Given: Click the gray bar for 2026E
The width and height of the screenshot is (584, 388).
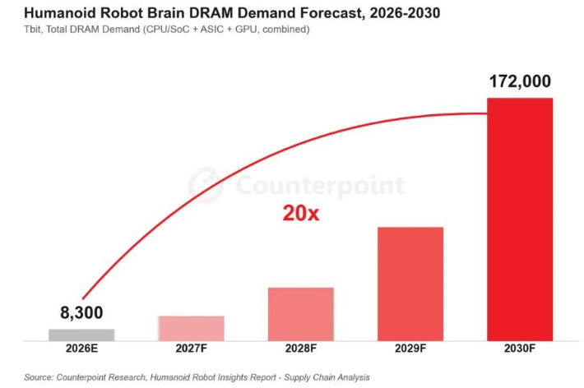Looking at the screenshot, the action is pyautogui.click(x=81, y=335).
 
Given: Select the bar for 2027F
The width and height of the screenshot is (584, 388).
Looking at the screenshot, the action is pyautogui.click(x=191, y=329).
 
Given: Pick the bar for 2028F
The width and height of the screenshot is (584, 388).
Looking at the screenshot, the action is pyautogui.click(x=301, y=314).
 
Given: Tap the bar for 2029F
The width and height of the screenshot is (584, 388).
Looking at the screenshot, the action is pyautogui.click(x=410, y=284).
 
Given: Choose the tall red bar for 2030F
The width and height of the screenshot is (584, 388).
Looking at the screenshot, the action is pyautogui.click(x=520, y=219).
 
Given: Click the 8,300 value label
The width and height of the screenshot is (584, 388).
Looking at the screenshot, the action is pyautogui.click(x=81, y=312).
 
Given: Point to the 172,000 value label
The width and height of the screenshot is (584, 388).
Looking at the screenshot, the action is pyautogui.click(x=520, y=81).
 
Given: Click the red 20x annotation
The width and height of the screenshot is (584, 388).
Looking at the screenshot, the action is pyautogui.click(x=301, y=214).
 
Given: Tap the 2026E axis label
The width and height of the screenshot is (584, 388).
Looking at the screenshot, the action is pyautogui.click(x=81, y=349).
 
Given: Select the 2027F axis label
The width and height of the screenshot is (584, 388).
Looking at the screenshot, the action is pyautogui.click(x=191, y=349).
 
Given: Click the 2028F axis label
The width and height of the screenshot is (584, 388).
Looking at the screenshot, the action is pyautogui.click(x=301, y=349).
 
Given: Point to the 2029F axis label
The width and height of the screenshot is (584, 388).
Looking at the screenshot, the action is pyautogui.click(x=410, y=349).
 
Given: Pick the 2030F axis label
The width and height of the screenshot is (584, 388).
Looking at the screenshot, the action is pyautogui.click(x=520, y=349).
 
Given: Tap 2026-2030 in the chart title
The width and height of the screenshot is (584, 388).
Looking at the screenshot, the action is pyautogui.click(x=405, y=13).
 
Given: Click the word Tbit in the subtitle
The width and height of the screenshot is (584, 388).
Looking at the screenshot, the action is pyautogui.click(x=32, y=30).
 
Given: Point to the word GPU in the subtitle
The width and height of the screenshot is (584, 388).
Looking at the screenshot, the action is pyautogui.click(x=246, y=30).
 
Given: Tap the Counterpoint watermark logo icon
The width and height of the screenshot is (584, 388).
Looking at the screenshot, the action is pyautogui.click(x=205, y=185).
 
